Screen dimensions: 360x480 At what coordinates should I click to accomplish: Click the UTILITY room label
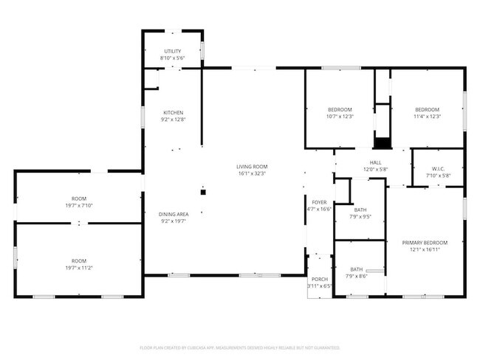[173, 50]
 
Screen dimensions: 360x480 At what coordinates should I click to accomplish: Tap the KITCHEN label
[173, 112]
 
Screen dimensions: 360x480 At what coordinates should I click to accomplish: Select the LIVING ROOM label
[252, 167]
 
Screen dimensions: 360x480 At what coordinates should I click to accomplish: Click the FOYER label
[319, 201]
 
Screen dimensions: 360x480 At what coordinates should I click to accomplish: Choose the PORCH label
[320, 278]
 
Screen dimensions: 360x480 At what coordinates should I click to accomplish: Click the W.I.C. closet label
[437, 168]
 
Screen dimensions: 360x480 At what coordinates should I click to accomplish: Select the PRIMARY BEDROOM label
[425, 243]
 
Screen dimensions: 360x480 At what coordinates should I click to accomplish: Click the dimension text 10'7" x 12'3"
[340, 117]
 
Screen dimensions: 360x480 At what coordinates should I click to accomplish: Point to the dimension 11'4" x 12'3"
[427, 117]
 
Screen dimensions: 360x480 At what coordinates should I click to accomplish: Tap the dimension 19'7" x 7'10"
[79, 206]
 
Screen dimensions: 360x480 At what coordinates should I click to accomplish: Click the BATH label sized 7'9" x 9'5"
[360, 209]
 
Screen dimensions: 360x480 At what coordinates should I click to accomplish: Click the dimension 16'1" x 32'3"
[252, 174]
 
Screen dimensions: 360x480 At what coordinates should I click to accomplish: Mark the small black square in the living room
[204, 192]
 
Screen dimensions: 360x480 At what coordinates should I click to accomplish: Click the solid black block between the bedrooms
[382, 143]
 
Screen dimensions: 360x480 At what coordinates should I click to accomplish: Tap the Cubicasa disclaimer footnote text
[239, 347]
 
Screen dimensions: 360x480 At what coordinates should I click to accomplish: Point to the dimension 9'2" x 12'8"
[173, 120]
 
